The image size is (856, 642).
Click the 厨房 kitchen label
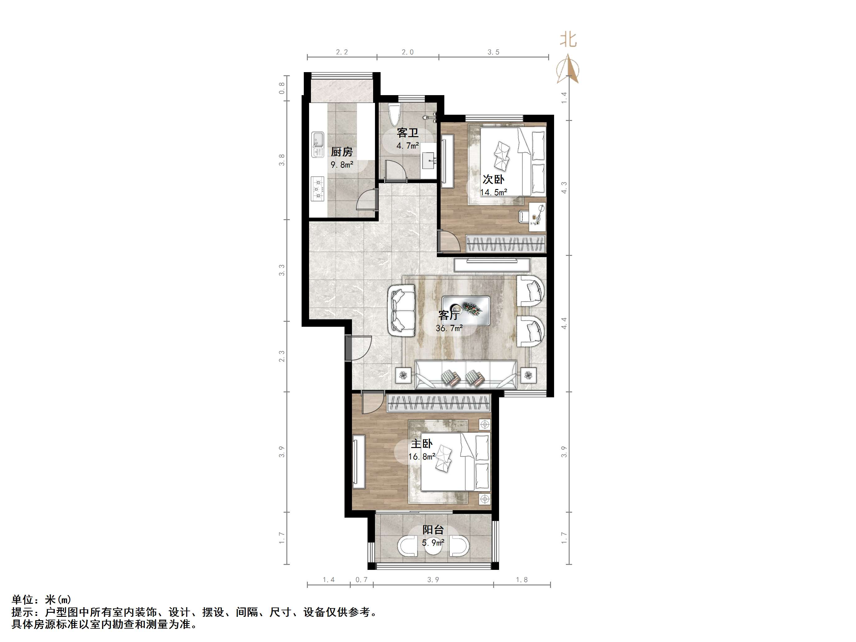(x=341, y=152)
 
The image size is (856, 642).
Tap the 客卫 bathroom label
(x=408, y=133)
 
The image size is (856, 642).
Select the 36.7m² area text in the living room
(x=449, y=329)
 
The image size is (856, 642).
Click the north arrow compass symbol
(x=568, y=70)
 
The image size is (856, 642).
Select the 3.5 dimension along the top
(x=493, y=52)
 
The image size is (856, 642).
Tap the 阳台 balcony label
(x=433, y=530)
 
